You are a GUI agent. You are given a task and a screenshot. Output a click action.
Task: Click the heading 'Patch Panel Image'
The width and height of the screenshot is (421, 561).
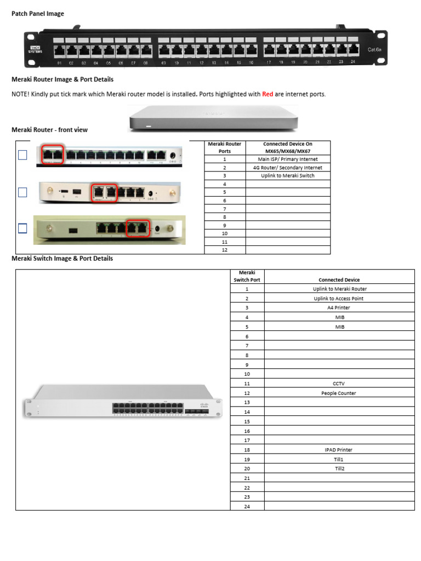coord(38,14)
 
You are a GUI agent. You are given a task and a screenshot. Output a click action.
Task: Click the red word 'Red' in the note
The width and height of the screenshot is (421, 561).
coord(268,94)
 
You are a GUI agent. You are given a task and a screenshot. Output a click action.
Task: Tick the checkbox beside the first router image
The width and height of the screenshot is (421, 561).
coord(22,155)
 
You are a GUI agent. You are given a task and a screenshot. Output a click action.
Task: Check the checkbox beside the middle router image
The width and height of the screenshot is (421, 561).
coord(22,192)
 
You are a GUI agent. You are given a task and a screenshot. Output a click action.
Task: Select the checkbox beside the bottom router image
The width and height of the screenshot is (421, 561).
coord(22,228)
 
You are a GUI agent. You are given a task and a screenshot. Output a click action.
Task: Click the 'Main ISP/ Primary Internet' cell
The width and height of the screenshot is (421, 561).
coord(288,159)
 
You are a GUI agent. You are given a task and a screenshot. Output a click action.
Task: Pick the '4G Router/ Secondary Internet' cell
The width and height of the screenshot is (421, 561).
coord(288,168)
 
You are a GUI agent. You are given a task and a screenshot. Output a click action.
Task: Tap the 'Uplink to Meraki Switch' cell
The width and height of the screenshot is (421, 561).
coord(288,176)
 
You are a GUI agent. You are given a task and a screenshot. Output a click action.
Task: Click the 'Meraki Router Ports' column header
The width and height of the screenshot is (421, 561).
coord(225,147)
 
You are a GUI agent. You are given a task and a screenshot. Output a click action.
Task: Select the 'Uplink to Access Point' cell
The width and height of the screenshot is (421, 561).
coord(339,299)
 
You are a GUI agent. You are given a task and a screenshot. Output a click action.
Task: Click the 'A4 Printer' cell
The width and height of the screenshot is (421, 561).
coord(339,308)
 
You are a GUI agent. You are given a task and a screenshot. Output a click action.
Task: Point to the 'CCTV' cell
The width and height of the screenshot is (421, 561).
coord(339,383)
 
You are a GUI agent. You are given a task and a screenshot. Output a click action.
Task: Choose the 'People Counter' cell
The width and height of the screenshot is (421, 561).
coord(339,393)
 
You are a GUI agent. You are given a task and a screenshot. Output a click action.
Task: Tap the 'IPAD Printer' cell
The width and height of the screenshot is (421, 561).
coord(339,450)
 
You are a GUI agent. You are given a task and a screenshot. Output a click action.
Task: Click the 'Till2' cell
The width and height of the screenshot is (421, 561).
coord(339,468)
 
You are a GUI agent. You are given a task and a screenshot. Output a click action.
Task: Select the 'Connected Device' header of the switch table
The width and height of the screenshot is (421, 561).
coord(339,279)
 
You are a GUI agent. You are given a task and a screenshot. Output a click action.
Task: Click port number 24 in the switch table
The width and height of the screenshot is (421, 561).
coord(247,506)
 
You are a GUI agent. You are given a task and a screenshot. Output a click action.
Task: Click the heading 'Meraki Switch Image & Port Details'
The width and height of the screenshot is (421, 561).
coord(62,259)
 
